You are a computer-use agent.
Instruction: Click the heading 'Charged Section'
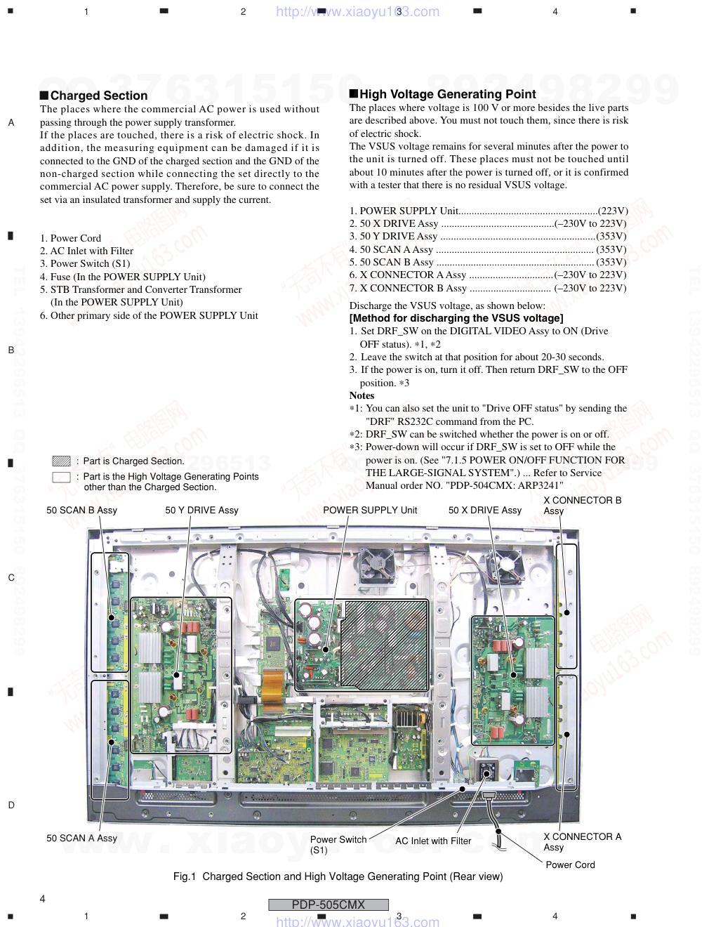[x=99, y=96]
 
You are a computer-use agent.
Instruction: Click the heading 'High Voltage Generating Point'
[x=447, y=94]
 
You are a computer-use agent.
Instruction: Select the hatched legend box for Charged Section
[x=61, y=461]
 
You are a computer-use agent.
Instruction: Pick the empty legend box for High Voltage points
[x=61, y=478]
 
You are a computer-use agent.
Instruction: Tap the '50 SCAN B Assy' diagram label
[x=81, y=511]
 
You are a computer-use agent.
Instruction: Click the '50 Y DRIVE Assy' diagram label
[x=201, y=511]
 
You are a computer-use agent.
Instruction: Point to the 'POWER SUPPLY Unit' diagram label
[x=370, y=511]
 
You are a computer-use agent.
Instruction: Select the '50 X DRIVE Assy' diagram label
[x=485, y=511]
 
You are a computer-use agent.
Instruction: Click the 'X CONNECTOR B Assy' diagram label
[x=582, y=505]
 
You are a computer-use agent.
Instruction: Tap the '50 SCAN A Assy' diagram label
[x=81, y=839]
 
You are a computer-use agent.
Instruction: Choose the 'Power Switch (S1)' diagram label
[x=338, y=844]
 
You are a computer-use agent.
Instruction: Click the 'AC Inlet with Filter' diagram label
[x=433, y=841]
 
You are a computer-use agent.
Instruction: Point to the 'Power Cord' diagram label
[x=570, y=865]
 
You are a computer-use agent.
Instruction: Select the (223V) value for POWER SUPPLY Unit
[x=613, y=211]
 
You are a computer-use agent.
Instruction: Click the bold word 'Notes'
[x=362, y=396]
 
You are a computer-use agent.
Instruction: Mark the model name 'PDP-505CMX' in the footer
[x=329, y=905]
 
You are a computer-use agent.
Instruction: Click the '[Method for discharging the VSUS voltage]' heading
[x=456, y=318]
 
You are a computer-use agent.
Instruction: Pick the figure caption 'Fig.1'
[x=185, y=876]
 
